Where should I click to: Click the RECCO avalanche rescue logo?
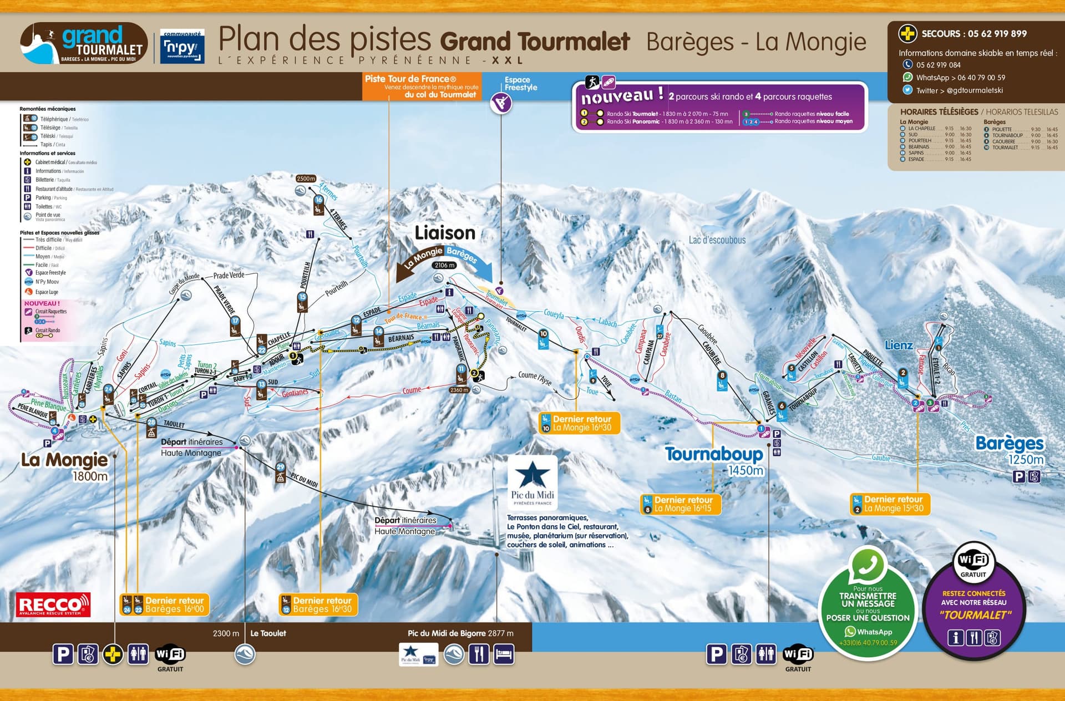tap(53, 605)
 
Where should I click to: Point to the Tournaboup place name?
tap(714, 454)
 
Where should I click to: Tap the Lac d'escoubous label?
tap(717, 240)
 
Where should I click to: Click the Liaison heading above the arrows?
tap(445, 233)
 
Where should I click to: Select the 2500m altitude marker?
tap(306, 179)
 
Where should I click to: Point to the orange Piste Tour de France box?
tap(422, 87)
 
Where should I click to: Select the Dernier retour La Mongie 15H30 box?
tap(890, 504)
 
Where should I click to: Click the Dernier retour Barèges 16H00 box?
tap(165, 605)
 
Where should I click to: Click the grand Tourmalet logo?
tap(83, 43)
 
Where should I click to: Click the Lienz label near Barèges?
tap(899, 345)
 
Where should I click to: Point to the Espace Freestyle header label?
tap(520, 84)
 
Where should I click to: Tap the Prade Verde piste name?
tap(229, 275)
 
